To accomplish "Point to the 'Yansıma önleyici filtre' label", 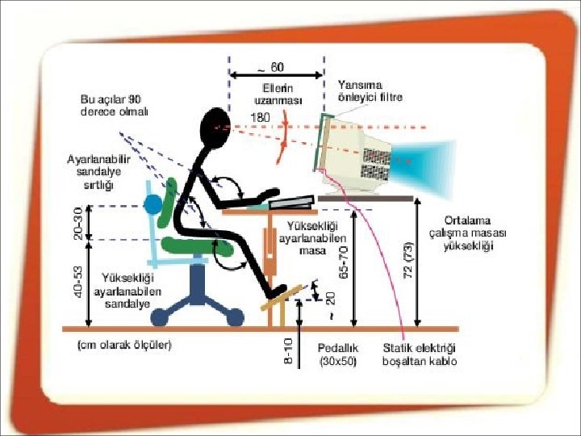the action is pyautogui.click(x=370, y=91).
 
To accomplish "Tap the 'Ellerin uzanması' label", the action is pyautogui.click(x=278, y=94).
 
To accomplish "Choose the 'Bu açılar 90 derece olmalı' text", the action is pyautogui.click(x=114, y=105).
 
